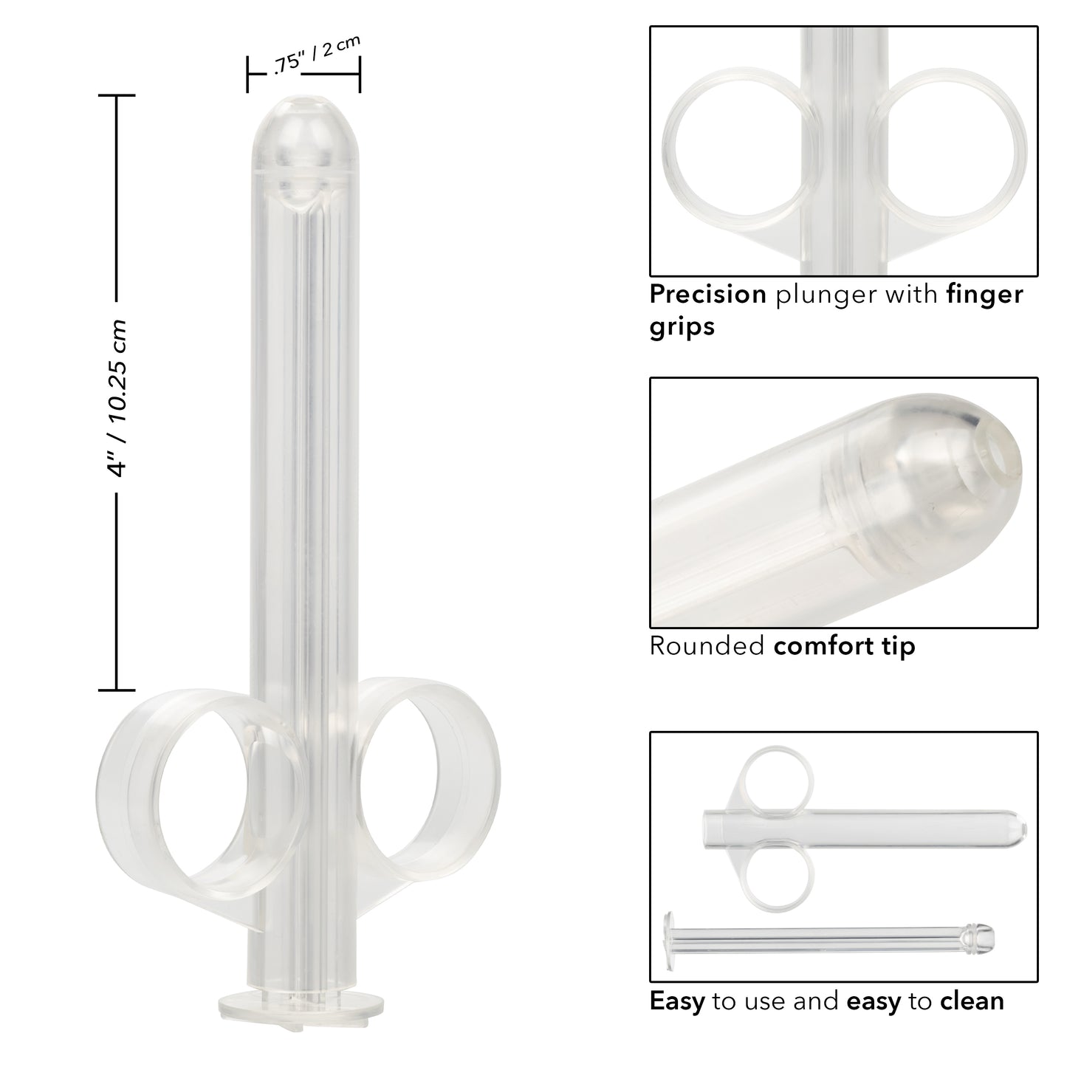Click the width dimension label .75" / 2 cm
click(x=316, y=55)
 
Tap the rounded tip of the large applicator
click(x=304, y=122)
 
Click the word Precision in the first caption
click(x=707, y=295)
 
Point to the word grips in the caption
click(x=682, y=326)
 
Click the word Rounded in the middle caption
click(x=707, y=646)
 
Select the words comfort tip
click(x=844, y=646)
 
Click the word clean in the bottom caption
click(x=972, y=1001)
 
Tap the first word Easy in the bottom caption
click(x=676, y=1001)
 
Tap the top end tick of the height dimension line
click(x=117, y=96)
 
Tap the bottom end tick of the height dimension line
click(x=117, y=690)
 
